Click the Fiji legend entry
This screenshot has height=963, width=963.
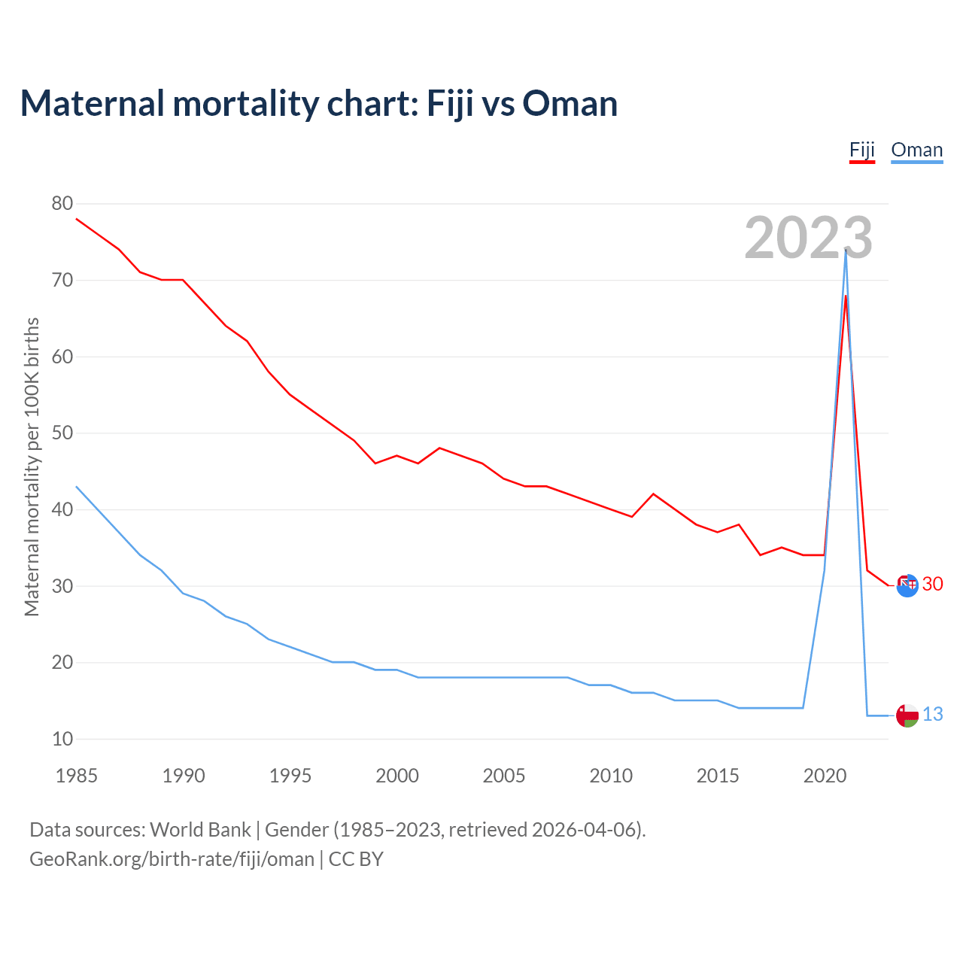[x=861, y=150]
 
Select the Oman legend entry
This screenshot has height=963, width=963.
[x=916, y=150]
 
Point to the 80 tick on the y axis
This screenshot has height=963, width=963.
[x=62, y=203]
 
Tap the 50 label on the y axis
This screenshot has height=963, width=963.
[x=62, y=433]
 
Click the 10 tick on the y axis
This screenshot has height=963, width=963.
[x=62, y=739]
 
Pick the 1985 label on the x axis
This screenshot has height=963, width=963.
[x=77, y=776]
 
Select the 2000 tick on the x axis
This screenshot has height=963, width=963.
[x=397, y=776]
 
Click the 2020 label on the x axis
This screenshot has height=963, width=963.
[x=825, y=776]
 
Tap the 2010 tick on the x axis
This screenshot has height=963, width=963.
[x=611, y=776]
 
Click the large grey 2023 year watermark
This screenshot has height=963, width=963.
[x=808, y=238]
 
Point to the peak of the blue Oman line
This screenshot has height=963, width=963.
[x=846, y=251]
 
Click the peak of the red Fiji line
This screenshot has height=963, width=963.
[x=846, y=296]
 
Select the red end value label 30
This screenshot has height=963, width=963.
[x=932, y=584]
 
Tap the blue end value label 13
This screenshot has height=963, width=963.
[x=932, y=714]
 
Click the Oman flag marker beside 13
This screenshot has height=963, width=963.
[x=907, y=715]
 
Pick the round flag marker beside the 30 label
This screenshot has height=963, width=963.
[x=907, y=585]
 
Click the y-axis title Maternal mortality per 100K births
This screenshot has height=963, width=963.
[x=32, y=466]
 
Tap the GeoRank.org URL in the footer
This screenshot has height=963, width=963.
[x=172, y=858]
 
